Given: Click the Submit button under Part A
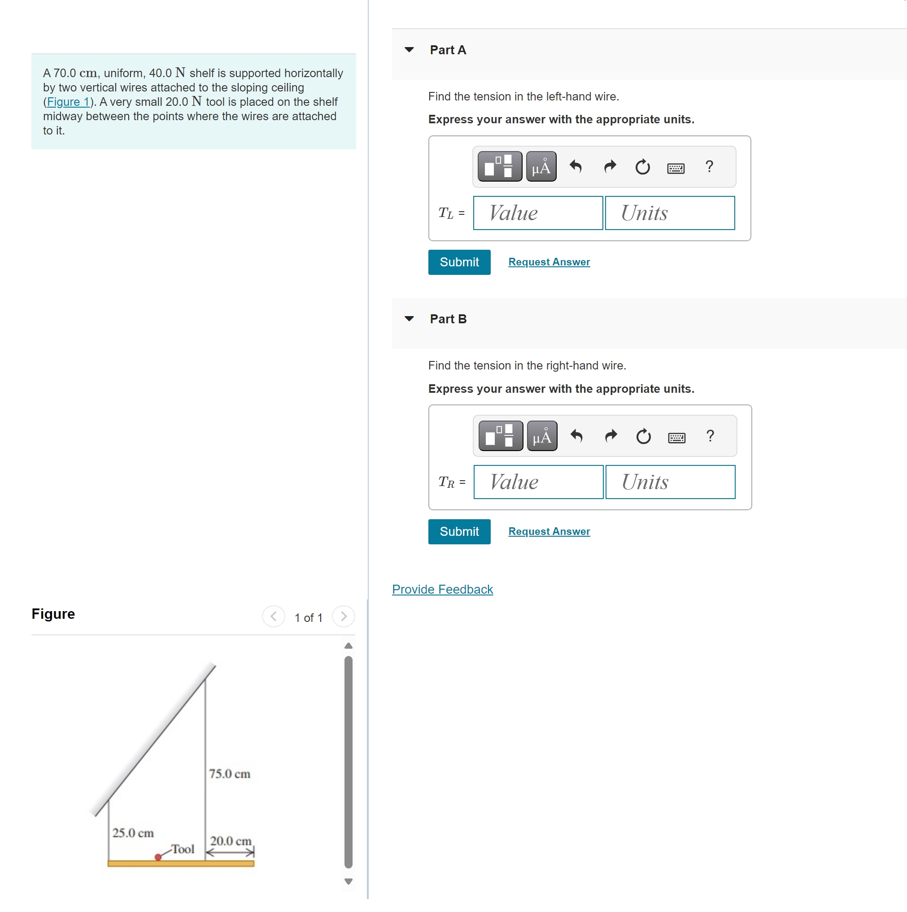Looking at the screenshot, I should click(x=458, y=262).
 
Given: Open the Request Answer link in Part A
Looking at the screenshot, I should click(x=549, y=262).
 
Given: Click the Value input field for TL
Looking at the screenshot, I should click(x=538, y=213).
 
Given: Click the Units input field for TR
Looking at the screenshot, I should click(x=670, y=482).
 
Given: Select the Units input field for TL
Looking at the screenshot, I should click(x=669, y=213).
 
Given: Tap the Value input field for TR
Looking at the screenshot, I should click(x=538, y=482).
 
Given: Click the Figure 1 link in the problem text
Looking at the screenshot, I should click(x=68, y=102).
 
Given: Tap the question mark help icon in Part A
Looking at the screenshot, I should click(x=709, y=167).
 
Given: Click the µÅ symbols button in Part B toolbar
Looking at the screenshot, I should click(x=541, y=436).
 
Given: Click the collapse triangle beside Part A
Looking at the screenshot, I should click(x=409, y=50).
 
